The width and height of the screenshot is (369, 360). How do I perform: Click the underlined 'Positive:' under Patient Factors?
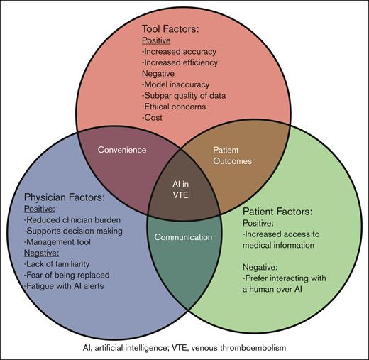coord(260,222)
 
